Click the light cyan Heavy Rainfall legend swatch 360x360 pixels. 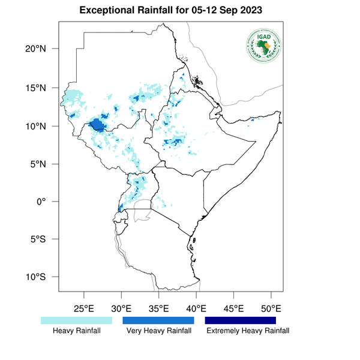(x=76, y=320)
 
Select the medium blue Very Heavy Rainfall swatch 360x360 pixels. (x=158, y=320)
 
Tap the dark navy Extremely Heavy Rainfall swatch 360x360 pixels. (x=241, y=320)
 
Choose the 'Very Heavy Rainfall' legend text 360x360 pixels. (x=158, y=331)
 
